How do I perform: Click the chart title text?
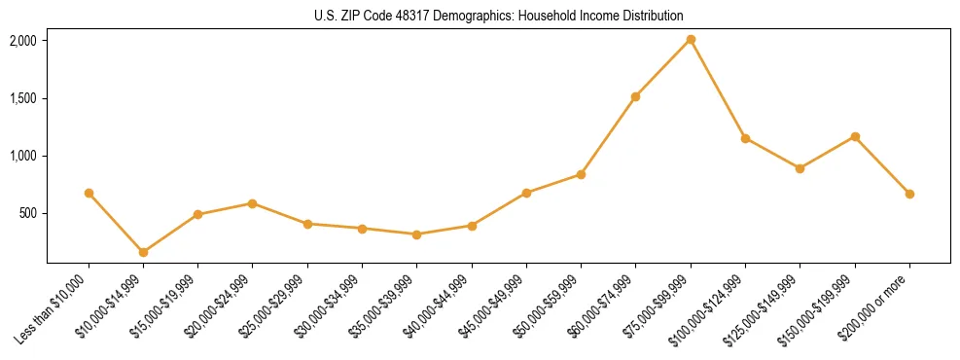(x=499, y=16)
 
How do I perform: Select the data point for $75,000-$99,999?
(x=691, y=40)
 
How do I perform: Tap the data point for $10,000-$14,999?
(x=144, y=252)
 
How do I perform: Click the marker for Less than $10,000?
(x=89, y=193)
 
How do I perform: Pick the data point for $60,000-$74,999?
(x=635, y=96)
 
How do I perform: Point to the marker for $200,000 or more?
(x=909, y=194)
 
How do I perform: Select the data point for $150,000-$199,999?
(x=855, y=136)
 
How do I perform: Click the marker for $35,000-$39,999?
(x=417, y=234)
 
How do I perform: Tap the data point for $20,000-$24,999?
(x=253, y=203)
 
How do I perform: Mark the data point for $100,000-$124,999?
(x=745, y=138)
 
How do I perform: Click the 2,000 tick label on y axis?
(x=23, y=41)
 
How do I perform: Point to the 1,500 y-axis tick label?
(x=23, y=98)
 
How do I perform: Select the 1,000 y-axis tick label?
(x=23, y=156)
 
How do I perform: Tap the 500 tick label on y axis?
(x=28, y=213)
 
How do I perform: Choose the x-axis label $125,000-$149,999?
(x=764, y=308)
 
